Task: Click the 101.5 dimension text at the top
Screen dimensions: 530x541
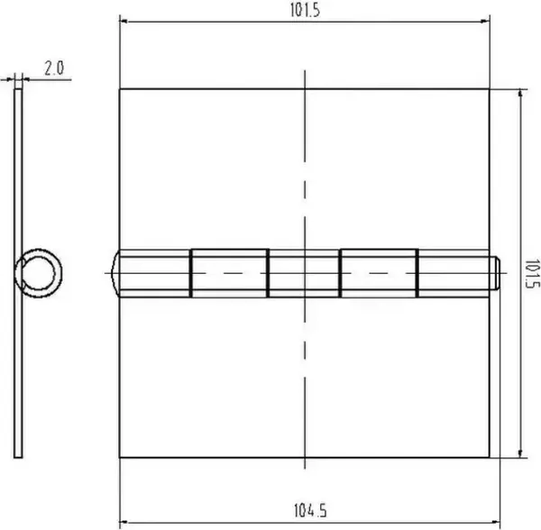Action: tap(307, 10)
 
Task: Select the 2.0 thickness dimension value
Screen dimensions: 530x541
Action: tap(53, 68)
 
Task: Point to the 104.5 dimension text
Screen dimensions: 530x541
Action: tap(307, 511)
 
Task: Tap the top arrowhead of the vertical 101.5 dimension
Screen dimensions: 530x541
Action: tap(520, 93)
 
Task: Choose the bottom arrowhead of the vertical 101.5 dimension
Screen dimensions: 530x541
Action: tap(520, 452)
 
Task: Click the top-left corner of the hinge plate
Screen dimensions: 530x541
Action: tap(120, 88)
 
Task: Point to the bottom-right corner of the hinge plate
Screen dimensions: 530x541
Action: tap(490, 458)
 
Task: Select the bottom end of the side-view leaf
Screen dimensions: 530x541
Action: tap(19, 455)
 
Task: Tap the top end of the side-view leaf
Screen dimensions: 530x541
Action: tap(16, 90)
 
